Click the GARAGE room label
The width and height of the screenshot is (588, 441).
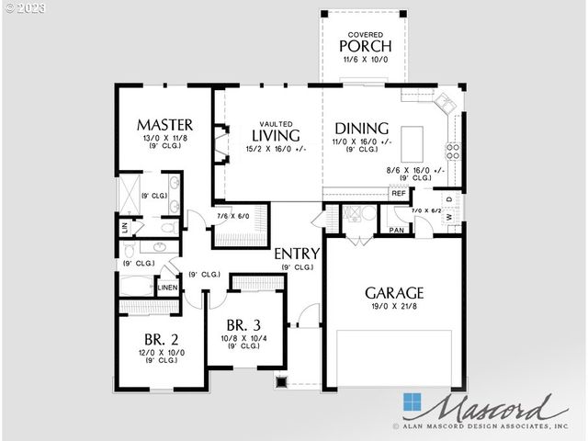point(395,293)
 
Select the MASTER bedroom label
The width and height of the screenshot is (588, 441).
point(164,124)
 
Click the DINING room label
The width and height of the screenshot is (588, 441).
point(361,129)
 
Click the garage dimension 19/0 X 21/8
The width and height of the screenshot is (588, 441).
point(394,309)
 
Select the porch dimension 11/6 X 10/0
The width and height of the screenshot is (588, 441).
point(366,60)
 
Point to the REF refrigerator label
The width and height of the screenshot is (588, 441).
point(399,194)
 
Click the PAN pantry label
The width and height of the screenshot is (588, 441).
point(397,230)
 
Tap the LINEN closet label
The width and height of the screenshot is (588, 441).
point(167,288)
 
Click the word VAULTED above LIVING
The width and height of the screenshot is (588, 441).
point(275,123)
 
